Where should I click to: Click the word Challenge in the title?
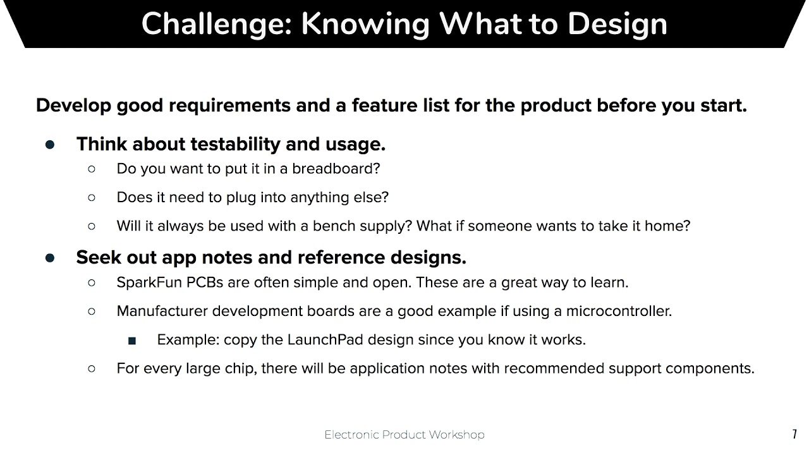[x=212, y=24]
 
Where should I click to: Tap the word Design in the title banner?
[x=617, y=24]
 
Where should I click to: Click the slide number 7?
[x=794, y=434]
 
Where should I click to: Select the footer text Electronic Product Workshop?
[x=404, y=435]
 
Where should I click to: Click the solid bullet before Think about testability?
[x=50, y=145]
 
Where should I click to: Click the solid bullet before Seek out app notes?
[x=50, y=258]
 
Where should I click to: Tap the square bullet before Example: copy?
[x=131, y=341]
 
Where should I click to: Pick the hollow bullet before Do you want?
[x=92, y=169]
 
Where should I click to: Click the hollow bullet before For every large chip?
[x=92, y=368]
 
